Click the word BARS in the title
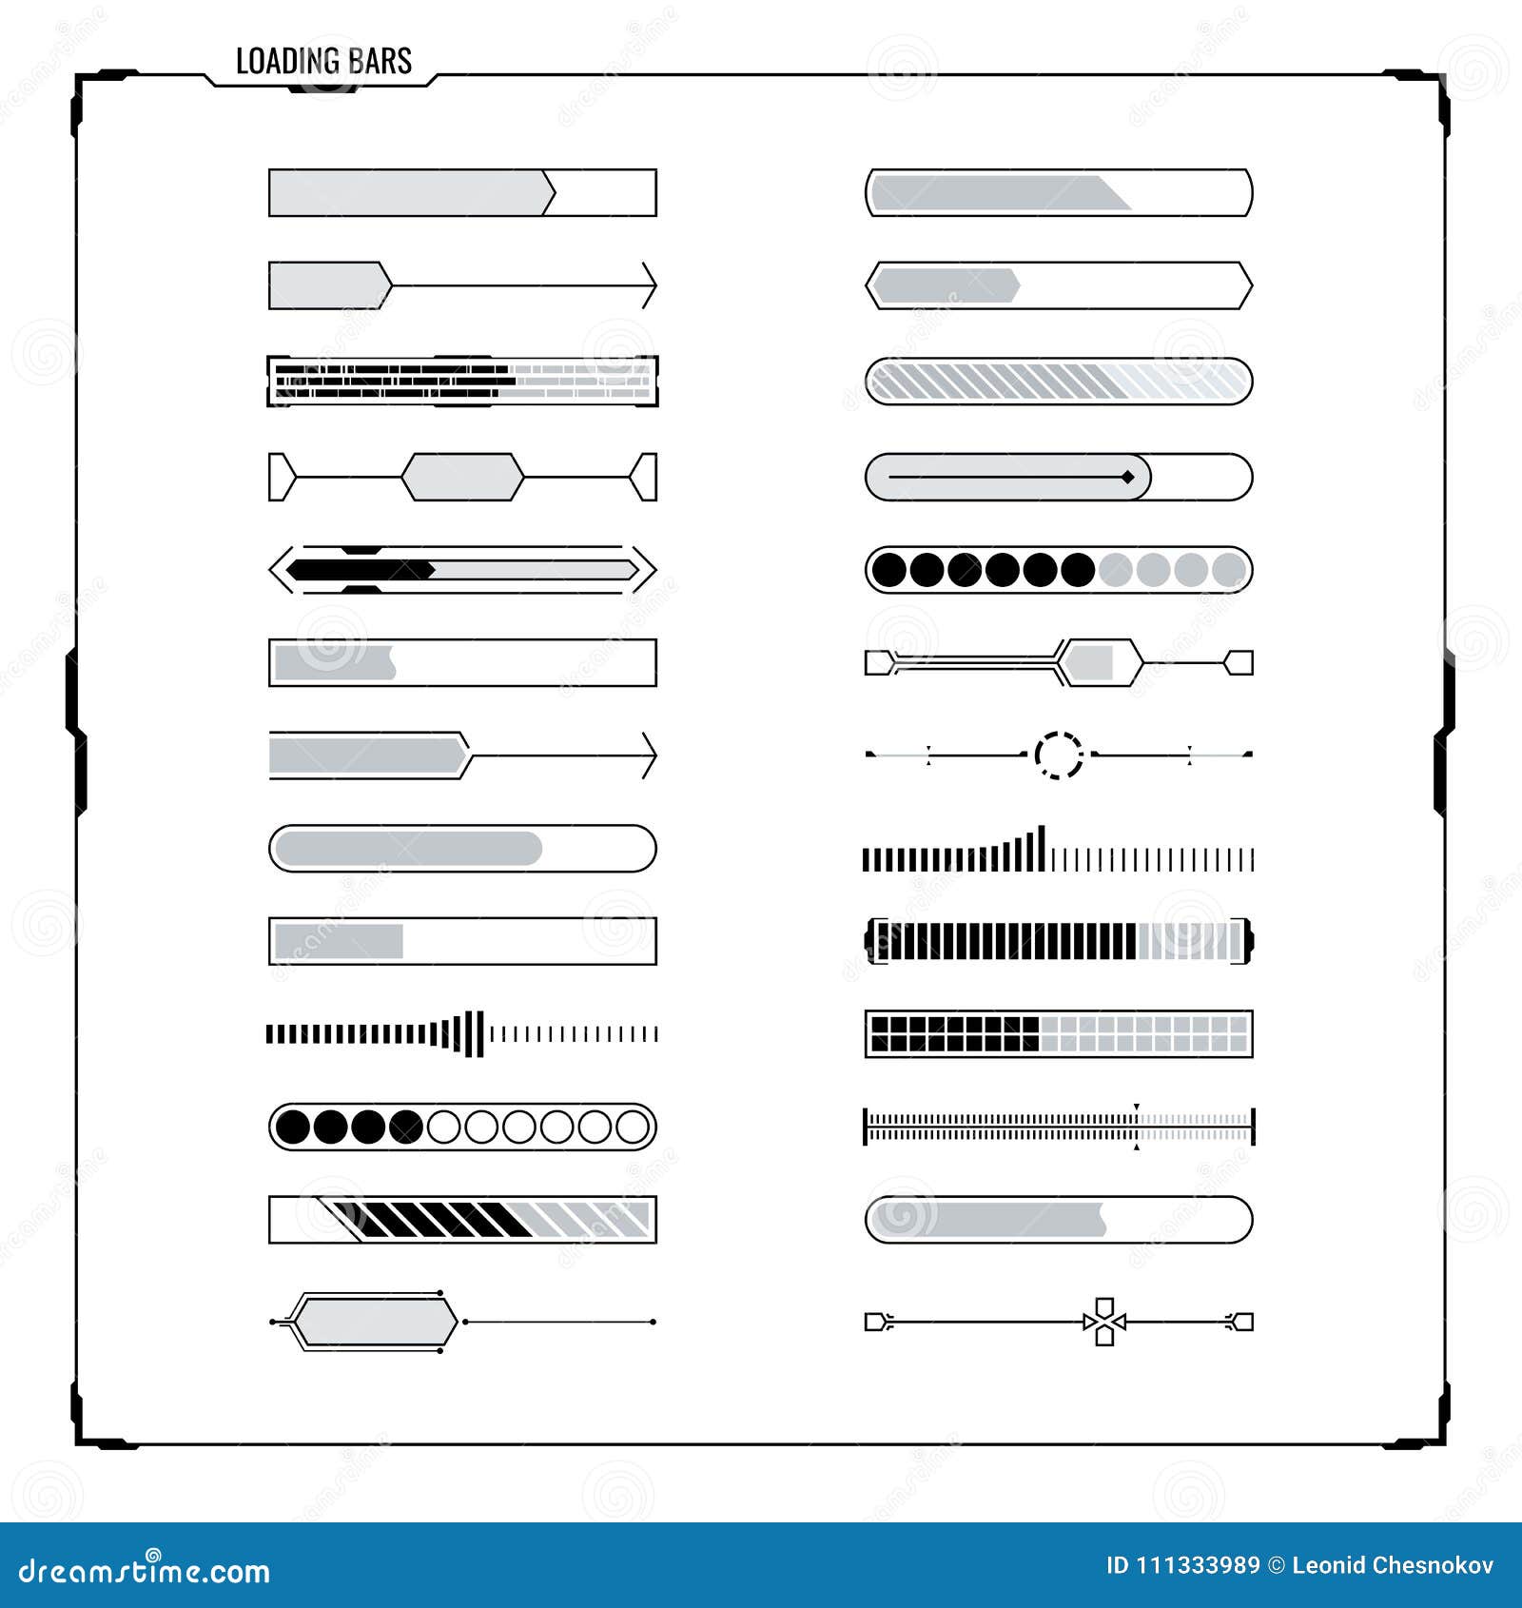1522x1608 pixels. click(380, 62)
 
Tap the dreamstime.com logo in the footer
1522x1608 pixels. click(145, 1570)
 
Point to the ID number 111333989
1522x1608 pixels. click(1198, 1565)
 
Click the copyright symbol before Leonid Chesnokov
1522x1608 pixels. click(1276, 1565)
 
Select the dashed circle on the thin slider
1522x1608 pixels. click(1058, 755)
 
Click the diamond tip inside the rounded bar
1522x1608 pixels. click(1127, 477)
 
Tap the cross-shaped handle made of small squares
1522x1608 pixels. click(1104, 1322)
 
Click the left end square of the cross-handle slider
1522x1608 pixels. click(874, 1322)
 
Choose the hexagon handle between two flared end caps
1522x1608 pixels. click(462, 477)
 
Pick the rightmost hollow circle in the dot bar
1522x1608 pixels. click(633, 1127)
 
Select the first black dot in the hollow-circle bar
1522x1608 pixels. click(293, 1127)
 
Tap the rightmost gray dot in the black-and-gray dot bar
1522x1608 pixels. click(1228, 570)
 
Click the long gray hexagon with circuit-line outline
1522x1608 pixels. click(374, 1322)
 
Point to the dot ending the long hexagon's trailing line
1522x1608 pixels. click(653, 1322)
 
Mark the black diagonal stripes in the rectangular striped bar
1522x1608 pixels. click(438, 1220)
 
